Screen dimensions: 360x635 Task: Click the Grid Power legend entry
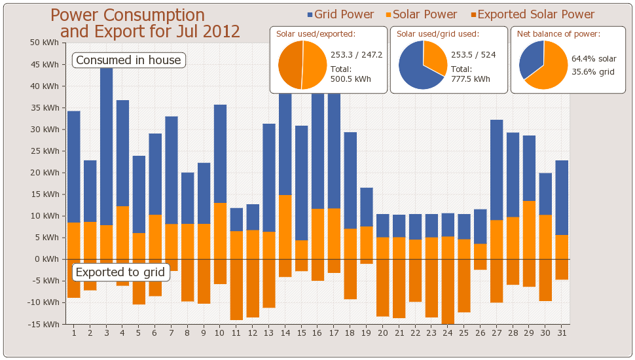340,14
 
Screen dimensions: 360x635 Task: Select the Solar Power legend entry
422,14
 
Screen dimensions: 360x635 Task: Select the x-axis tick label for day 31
562,333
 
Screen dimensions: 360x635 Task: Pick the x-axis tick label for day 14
285,333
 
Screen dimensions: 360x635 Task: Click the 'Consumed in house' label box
128,60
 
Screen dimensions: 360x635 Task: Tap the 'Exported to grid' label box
121,272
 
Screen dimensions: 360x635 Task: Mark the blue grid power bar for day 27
497,170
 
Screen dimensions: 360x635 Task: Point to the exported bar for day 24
448,291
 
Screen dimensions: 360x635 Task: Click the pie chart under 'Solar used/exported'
302,65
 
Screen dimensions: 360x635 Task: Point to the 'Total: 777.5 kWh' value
470,74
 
